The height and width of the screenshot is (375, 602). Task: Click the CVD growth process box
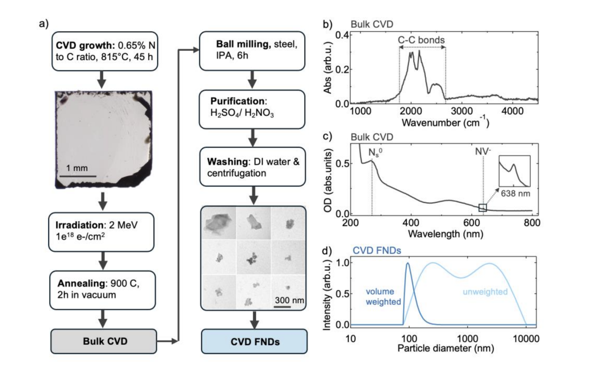point(105,51)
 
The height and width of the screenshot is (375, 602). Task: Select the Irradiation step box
point(101,232)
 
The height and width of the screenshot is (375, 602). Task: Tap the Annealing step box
point(102,290)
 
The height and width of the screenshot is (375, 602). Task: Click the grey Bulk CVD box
point(104,341)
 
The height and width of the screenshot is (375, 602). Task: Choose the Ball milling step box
point(252,51)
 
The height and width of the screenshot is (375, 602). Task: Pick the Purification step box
point(252,109)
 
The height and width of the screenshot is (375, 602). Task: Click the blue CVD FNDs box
point(255,341)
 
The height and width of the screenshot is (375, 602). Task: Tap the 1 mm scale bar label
point(77,168)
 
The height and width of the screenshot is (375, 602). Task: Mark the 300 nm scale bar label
point(289,300)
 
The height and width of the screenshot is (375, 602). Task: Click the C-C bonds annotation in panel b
point(421,40)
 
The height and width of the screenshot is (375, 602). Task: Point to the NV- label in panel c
point(483,151)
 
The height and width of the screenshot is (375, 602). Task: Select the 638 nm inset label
point(516,193)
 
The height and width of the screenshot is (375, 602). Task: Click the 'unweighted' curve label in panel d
point(485,292)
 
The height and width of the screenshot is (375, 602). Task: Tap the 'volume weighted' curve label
point(383,296)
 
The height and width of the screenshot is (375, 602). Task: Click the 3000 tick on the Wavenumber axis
point(462,111)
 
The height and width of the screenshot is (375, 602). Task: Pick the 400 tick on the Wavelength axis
point(411,223)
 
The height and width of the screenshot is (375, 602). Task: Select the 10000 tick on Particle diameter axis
point(526,339)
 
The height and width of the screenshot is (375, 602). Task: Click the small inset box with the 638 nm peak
point(515,171)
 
